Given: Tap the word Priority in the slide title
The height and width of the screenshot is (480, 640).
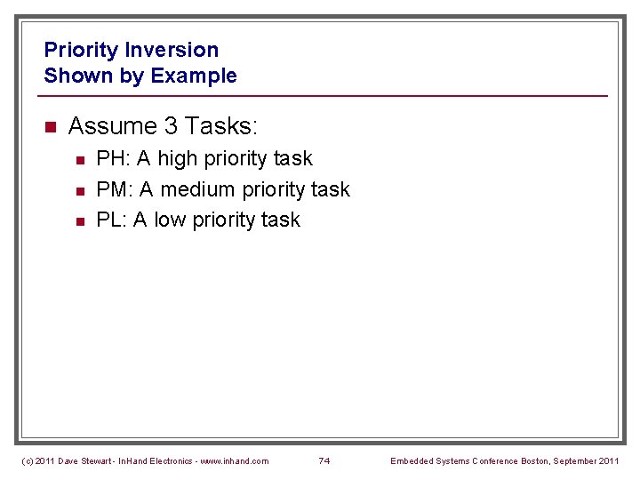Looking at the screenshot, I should pos(82,50).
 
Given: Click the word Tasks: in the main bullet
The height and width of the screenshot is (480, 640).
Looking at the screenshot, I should pos(221,126).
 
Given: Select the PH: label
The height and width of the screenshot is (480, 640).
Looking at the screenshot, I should pos(112,158).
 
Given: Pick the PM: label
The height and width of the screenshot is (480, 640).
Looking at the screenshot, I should pos(114,189).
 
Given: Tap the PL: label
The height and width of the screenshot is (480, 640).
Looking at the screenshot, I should pos(111,220).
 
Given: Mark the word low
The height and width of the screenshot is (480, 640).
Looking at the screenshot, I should pos(169,220).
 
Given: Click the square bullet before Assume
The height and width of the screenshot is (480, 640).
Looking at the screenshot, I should pos(50,127).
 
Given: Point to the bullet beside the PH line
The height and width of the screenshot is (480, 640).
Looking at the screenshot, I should pos(79,160).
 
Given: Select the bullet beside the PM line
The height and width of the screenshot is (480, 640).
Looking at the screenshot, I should pos(79,190).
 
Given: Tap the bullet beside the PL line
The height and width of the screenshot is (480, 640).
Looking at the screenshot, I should pos(79,220).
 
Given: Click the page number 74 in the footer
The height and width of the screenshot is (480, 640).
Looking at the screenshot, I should pos(324,460).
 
